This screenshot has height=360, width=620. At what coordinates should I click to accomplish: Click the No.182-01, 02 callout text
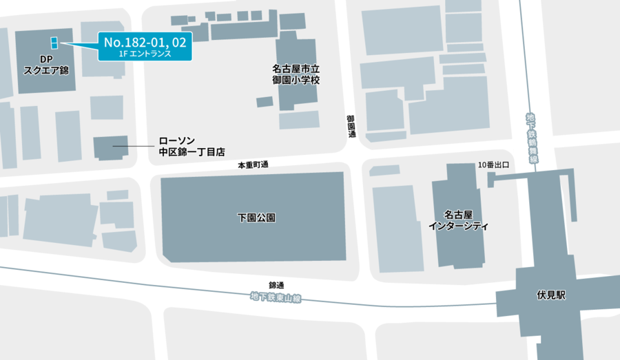[x=144, y=43]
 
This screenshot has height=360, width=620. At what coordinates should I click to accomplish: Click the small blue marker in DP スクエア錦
[x=53, y=41]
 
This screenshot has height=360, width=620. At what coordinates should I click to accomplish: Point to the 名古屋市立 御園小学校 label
[x=296, y=74]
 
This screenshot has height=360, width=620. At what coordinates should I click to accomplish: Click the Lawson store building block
[x=105, y=147]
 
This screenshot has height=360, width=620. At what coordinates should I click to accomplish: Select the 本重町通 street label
[x=253, y=165]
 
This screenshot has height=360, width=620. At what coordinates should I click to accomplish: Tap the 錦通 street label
[x=276, y=285]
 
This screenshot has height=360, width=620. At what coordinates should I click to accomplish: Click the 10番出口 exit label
[x=493, y=165]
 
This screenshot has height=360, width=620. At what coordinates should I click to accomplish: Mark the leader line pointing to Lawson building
[x=134, y=146]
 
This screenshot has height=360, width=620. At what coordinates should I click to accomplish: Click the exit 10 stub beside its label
[x=491, y=180]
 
